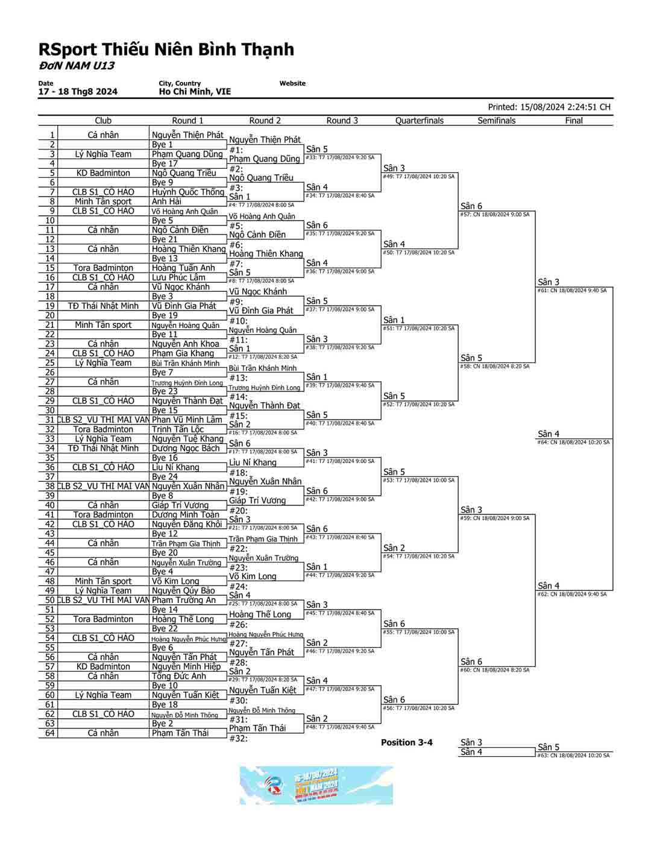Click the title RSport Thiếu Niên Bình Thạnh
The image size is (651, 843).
[x=166, y=49]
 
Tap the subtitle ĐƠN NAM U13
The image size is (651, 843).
[x=77, y=66]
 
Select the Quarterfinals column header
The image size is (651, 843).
[x=419, y=121]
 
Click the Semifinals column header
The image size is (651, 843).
[x=496, y=121]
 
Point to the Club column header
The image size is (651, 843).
[x=103, y=121]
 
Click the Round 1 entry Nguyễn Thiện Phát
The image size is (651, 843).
[x=187, y=135]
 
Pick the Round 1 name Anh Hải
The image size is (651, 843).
[x=166, y=201]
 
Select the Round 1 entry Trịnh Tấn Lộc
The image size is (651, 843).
[x=178, y=429]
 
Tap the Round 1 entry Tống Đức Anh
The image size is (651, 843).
[x=179, y=676]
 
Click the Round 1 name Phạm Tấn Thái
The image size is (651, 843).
[x=180, y=733]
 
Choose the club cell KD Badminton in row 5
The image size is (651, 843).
[x=103, y=173]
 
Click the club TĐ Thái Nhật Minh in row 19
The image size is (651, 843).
[x=103, y=306]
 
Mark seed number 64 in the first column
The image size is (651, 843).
[x=49, y=733]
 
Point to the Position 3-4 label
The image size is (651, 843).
[x=406, y=742]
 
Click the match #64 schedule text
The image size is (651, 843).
[x=573, y=443]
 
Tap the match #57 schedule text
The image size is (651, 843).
[x=495, y=215]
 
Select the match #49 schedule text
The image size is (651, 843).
[x=418, y=177]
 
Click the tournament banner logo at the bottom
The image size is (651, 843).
[x=316, y=785]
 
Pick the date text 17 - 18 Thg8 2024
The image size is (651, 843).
[x=78, y=92]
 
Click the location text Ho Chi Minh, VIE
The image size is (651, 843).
[x=195, y=92]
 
